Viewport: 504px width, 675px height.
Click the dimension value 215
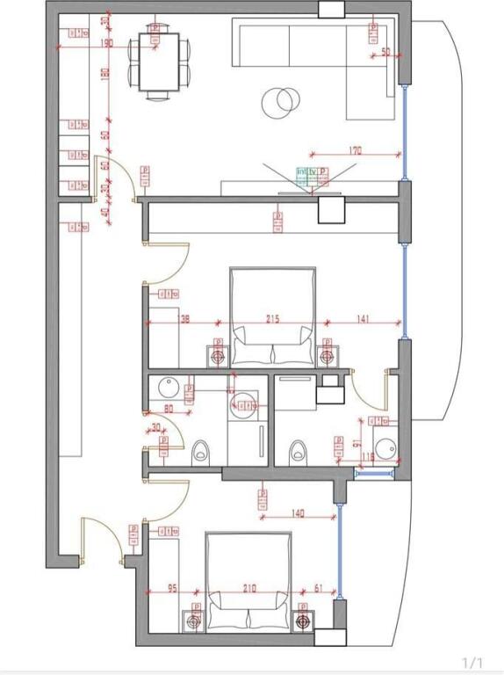point(272,319)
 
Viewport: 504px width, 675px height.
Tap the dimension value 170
point(356,151)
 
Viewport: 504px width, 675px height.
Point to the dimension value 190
point(107,42)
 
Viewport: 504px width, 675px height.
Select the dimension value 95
point(172,589)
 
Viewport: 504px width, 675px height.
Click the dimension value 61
point(319,589)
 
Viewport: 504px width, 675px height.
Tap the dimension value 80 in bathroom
point(169,408)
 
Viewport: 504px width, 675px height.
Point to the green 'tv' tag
point(312,171)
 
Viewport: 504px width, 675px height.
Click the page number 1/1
point(472,661)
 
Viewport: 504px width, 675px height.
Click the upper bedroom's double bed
point(272,316)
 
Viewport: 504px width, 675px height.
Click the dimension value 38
point(184,319)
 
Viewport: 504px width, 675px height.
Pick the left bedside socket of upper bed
point(218,356)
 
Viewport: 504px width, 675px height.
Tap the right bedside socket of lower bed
point(304,621)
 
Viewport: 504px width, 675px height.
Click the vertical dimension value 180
point(104,75)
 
